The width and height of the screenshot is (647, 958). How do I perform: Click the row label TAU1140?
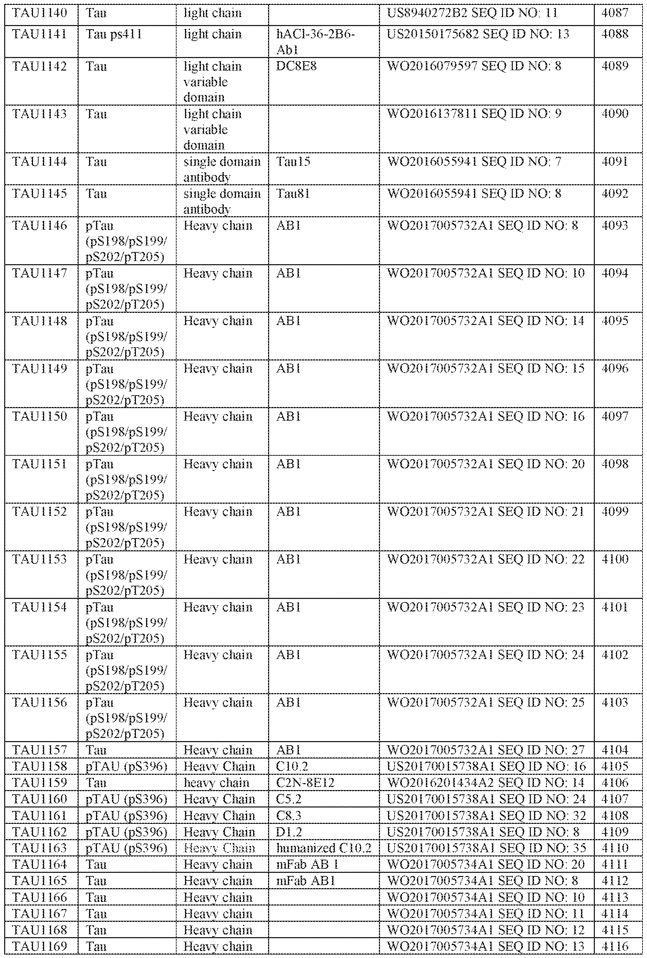click(40, 13)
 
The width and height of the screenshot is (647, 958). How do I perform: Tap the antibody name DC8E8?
click(296, 66)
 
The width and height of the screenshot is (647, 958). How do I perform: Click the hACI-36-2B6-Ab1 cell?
click(315, 42)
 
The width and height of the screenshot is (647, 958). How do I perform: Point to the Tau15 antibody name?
click(293, 162)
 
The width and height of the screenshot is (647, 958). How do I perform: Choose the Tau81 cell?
click(293, 194)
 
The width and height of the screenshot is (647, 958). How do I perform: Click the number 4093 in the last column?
click(614, 226)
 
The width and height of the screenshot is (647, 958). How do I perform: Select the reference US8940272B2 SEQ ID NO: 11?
click(472, 13)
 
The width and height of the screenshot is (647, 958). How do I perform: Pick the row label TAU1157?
click(40, 750)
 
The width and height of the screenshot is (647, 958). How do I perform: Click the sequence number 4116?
click(614, 946)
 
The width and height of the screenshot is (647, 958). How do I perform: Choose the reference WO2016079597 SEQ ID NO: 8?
click(474, 66)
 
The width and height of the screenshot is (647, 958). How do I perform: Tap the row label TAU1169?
click(40, 946)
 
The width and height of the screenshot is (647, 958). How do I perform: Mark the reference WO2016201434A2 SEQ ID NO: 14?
click(486, 783)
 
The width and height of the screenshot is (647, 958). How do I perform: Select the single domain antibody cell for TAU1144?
click(222, 169)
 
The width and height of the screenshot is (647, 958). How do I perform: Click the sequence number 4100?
click(614, 559)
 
